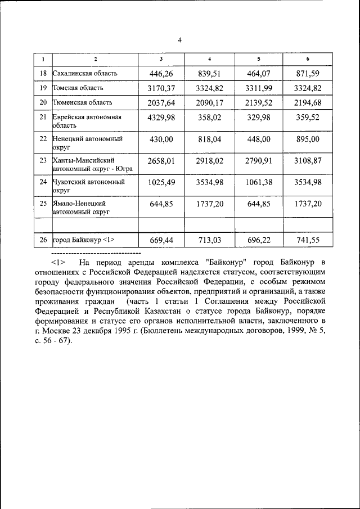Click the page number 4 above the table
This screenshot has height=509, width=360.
[x=179, y=40]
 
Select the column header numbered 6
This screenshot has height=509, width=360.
[x=308, y=59]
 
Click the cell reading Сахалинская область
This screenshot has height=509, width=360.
[x=85, y=73]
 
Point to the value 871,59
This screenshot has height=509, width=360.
[x=308, y=73]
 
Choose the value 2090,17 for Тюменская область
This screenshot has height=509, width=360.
[x=210, y=102]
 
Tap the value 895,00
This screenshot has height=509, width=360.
[x=308, y=139]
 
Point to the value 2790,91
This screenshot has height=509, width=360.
[x=259, y=161]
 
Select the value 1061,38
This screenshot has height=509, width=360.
[x=259, y=182]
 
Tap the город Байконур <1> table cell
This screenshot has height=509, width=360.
[x=83, y=240]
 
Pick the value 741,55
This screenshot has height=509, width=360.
[x=308, y=240]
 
